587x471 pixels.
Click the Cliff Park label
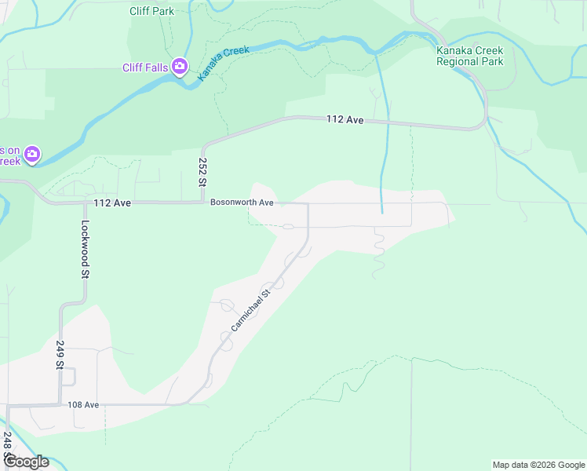pyautogui.click(x=152, y=11)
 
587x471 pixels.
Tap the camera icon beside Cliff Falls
pyautogui.click(x=180, y=67)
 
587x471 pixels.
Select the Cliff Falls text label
pyautogui.click(x=145, y=68)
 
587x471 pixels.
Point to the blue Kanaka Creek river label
pyautogui.click(x=223, y=62)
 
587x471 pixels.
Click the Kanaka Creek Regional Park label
pyautogui.click(x=469, y=56)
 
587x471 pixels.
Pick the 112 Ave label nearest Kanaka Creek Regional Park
pyautogui.click(x=345, y=119)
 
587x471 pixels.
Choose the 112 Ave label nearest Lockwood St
pyautogui.click(x=111, y=203)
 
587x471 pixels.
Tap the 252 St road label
pyautogui.click(x=202, y=170)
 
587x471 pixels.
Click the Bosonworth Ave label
pyautogui.click(x=242, y=203)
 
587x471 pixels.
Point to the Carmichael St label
pyautogui.click(x=250, y=309)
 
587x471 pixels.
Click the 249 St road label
pyautogui.click(x=60, y=354)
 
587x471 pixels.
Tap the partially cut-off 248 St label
pyautogui.click(x=7, y=446)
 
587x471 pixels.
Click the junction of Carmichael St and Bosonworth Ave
pyautogui.click(x=308, y=203)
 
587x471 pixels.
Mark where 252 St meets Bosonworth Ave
pyautogui.click(x=204, y=203)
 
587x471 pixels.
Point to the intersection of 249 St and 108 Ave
pyautogui.click(x=60, y=405)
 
